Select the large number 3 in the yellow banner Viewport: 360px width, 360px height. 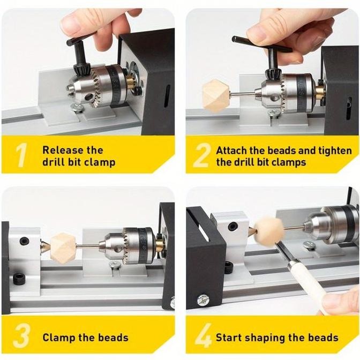[21, 336]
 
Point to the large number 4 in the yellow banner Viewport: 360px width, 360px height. [203, 336]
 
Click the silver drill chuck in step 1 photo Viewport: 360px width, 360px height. [99, 86]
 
